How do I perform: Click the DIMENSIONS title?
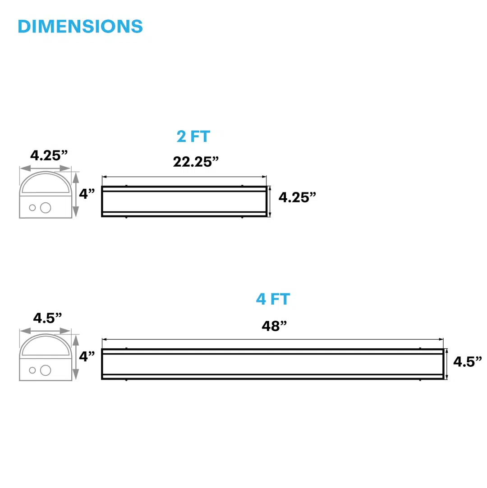80,27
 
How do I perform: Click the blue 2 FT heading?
193,137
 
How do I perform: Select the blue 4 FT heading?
273,299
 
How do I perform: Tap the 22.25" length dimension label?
196,162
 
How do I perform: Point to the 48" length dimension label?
274,326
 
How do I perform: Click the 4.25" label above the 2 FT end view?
49,155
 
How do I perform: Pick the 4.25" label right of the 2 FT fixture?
297,197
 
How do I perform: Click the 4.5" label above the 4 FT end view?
48,318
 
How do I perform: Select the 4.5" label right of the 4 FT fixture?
467,362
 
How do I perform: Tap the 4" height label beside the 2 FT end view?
87,194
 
